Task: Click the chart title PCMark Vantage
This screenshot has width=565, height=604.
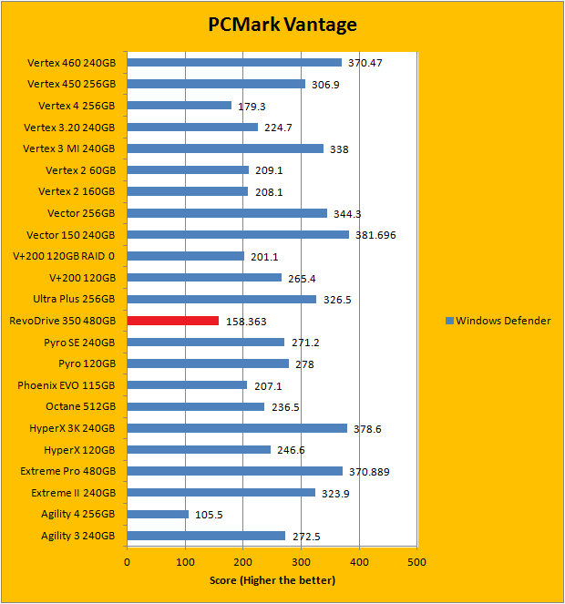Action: pyautogui.click(x=282, y=26)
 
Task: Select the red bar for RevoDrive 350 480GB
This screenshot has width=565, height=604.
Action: pyautogui.click(x=173, y=321)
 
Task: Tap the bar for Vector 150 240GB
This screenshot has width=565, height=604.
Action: pyautogui.click(x=238, y=234)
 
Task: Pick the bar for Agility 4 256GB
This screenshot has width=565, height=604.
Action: pyautogui.click(x=158, y=514)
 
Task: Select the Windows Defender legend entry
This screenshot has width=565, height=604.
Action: pyautogui.click(x=498, y=321)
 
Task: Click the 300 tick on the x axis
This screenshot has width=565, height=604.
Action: pyautogui.click(x=301, y=562)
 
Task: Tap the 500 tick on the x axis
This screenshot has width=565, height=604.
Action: pyautogui.click(x=416, y=562)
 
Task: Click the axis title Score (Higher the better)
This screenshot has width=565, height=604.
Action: pyautogui.click(x=272, y=580)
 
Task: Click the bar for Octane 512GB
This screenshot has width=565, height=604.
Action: pyautogui.click(x=196, y=406)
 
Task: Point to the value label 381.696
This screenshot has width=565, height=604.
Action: pyautogui.click(x=375, y=235)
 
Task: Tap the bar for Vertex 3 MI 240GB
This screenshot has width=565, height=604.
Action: pyautogui.click(x=225, y=148)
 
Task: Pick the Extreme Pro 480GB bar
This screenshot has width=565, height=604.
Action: pyautogui.click(x=235, y=471)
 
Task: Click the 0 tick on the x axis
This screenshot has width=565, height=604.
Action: pyautogui.click(x=128, y=562)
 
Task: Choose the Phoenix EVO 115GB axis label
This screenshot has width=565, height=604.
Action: pyautogui.click(x=67, y=384)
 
